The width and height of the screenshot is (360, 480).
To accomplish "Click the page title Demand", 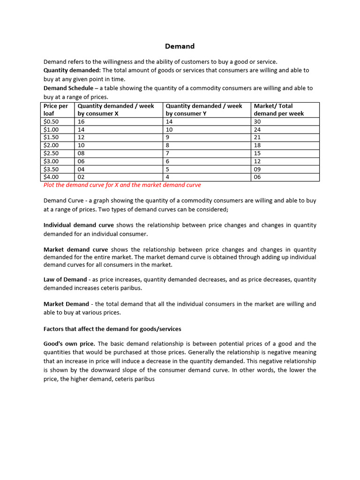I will pos(180,46).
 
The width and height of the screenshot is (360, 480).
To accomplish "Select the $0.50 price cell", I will pos(51,121).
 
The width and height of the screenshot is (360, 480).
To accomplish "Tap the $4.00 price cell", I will pos(51,177).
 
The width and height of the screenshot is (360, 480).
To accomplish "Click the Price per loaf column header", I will pos(56,110).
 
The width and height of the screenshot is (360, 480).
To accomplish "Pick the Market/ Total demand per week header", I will pos(279,110).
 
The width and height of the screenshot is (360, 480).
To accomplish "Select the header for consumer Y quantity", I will pos(204,110).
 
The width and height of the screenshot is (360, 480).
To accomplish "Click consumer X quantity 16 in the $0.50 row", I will pos(81,121).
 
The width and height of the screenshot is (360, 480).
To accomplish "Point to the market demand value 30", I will pos(257,121).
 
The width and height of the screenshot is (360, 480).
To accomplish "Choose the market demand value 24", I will pos(257,129).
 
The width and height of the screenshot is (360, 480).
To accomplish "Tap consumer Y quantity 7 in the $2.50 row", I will pos(168,153).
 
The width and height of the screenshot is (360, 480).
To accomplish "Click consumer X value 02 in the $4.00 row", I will pos(81,177).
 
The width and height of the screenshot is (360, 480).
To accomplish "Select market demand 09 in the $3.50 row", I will pos(257,169).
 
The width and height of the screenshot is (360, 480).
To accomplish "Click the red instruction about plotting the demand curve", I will pos(122,185).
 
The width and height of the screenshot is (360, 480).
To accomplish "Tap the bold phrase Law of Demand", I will pos(65,279).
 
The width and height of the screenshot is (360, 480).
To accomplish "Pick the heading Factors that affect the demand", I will pos(112,329).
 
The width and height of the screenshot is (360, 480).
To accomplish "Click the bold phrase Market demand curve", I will pos(75,249).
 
